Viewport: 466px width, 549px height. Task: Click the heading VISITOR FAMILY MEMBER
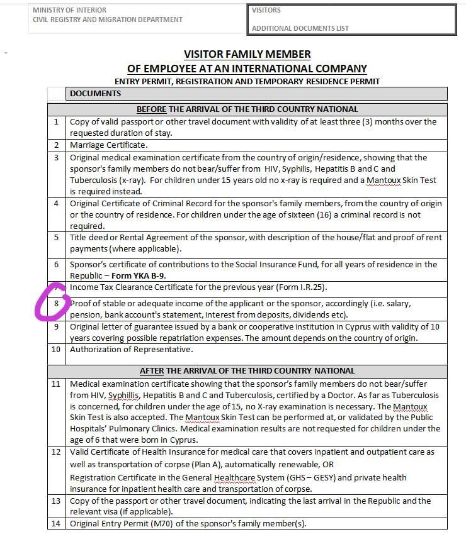tap(247, 55)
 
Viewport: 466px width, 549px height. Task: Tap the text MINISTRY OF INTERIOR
tap(69, 10)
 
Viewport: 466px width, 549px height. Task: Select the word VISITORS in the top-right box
tap(266, 10)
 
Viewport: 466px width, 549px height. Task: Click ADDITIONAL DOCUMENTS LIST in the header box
tap(300, 28)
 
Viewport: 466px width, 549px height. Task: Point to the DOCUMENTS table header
tap(95, 94)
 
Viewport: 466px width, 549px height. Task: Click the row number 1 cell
tap(57, 122)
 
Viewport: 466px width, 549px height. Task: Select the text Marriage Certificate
tap(109, 145)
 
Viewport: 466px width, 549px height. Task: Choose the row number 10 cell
tap(57, 350)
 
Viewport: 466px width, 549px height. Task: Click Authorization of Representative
tap(131, 350)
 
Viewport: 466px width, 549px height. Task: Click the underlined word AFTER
tap(151, 370)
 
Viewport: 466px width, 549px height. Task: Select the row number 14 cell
tap(57, 524)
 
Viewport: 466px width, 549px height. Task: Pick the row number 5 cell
tap(57, 238)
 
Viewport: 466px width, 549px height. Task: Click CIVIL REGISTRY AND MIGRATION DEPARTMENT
tap(108, 19)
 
